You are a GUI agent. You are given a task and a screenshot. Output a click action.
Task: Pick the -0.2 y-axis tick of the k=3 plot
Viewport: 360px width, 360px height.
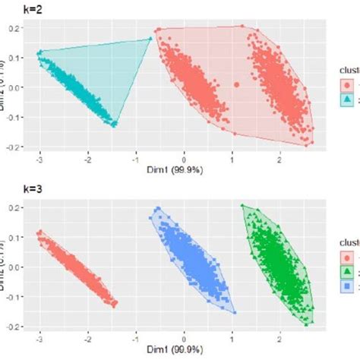click(x=13, y=325)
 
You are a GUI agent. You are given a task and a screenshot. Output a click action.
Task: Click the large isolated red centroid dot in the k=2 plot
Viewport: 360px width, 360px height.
click(x=236, y=85)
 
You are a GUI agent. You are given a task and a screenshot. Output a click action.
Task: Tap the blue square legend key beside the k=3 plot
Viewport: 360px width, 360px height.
click(x=346, y=286)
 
